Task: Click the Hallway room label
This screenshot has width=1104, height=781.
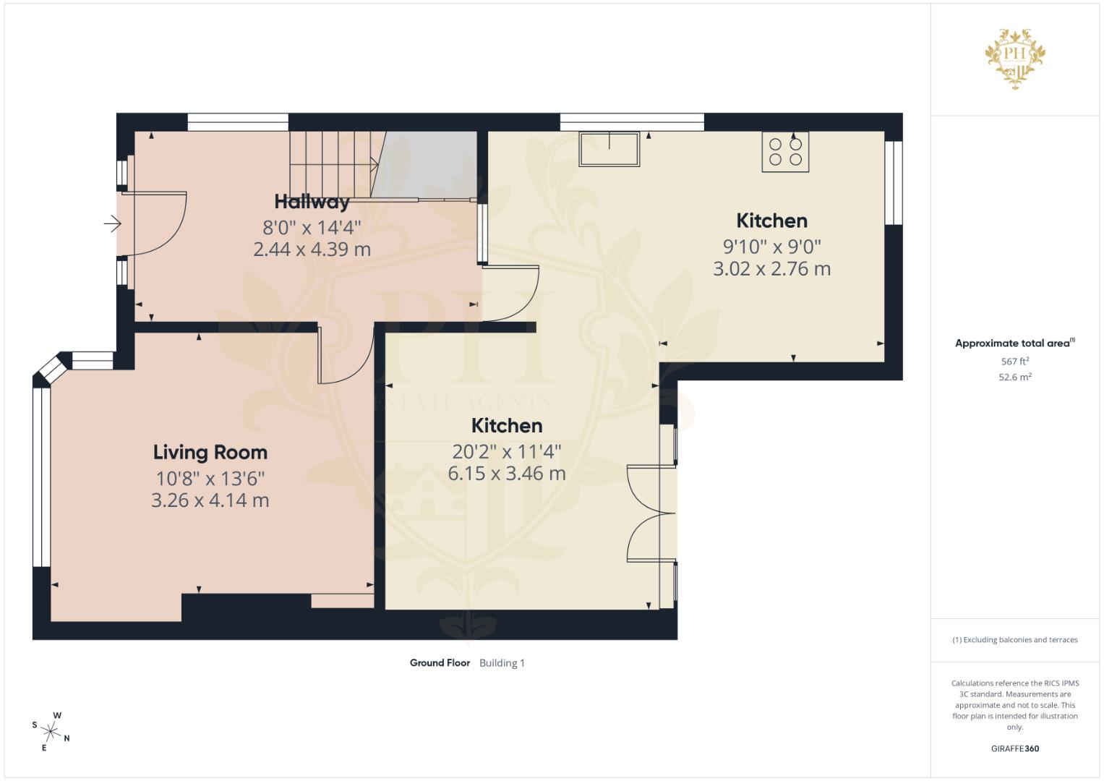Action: click(x=312, y=201)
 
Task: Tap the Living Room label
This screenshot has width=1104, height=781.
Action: click(x=210, y=452)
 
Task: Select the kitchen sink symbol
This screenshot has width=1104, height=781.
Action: click(x=609, y=150)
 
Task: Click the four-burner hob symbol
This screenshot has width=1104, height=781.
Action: click(x=785, y=152)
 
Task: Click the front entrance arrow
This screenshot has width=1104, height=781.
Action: click(x=112, y=224)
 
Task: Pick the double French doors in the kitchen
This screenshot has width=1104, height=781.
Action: click(x=651, y=513)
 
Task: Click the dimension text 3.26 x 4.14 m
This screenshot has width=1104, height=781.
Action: click(x=210, y=500)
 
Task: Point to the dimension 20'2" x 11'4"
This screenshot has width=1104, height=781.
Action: click(x=507, y=451)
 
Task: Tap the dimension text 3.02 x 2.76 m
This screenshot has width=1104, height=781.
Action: click(x=772, y=269)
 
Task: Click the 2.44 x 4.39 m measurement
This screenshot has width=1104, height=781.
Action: click(x=312, y=249)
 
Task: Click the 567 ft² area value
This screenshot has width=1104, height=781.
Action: click(x=1015, y=362)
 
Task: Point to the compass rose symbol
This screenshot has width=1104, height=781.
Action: click(x=51, y=732)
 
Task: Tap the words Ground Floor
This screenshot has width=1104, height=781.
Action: click(x=440, y=662)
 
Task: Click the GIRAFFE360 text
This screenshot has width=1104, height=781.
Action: click(x=1015, y=748)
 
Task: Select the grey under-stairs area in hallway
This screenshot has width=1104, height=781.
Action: click(x=427, y=164)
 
